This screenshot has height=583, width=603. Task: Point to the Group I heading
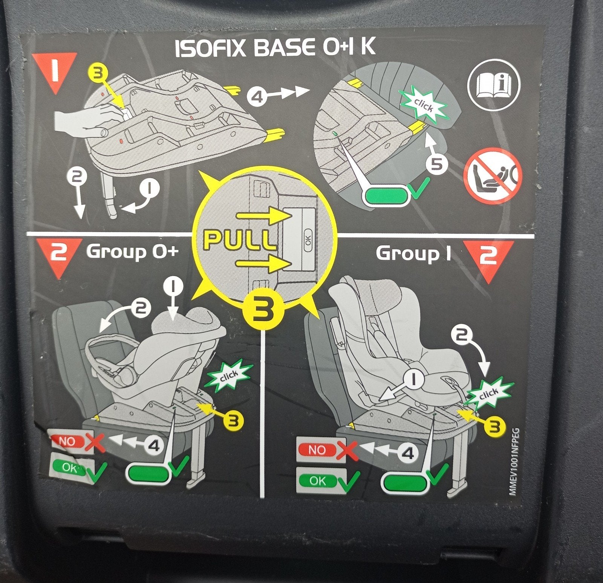point(413,253)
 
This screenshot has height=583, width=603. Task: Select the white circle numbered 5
point(437,164)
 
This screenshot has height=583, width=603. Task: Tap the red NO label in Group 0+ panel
point(66,441)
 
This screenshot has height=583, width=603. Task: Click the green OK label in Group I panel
point(317,481)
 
